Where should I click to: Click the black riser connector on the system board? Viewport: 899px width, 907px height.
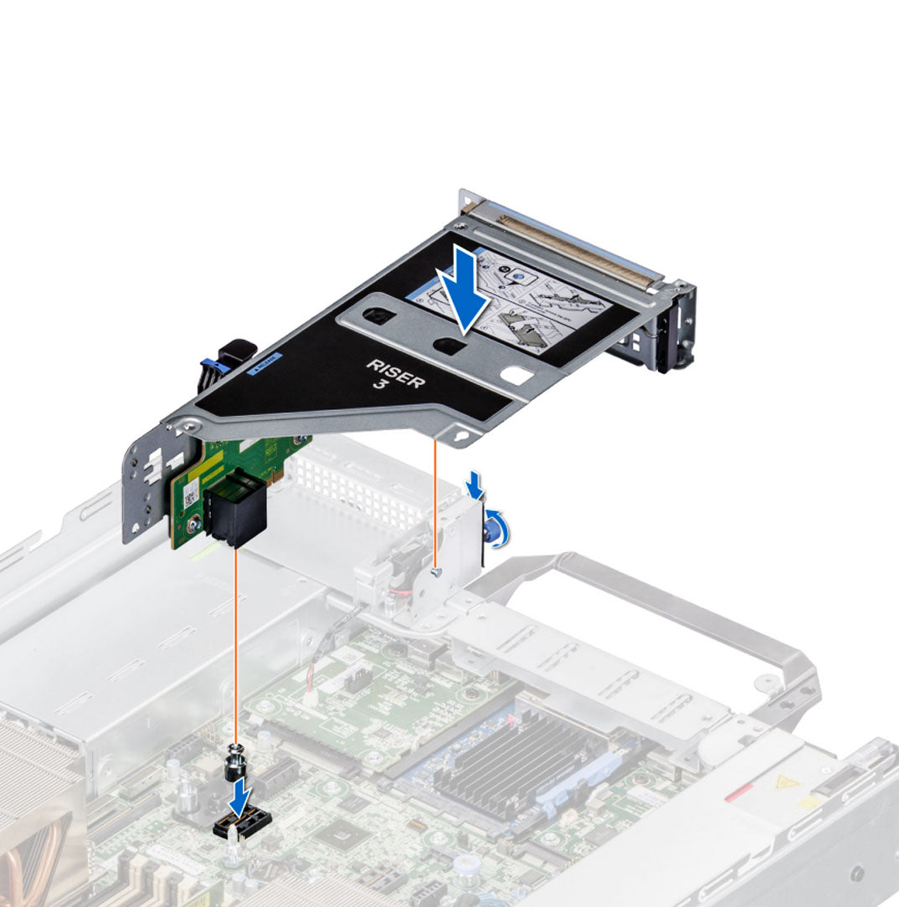(237, 828)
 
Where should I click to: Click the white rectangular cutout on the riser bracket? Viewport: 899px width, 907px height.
(517, 377)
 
